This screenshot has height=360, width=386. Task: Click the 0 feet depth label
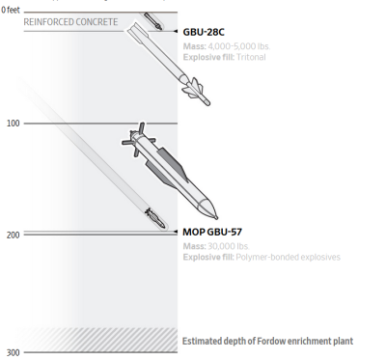[x=11, y=10]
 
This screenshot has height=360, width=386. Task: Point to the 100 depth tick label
[x=13, y=124]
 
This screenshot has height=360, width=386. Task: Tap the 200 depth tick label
[x=13, y=235]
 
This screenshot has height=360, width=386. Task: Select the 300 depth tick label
[x=13, y=353]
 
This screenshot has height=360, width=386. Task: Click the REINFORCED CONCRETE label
[x=70, y=22]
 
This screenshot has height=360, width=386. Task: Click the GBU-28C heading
[x=204, y=32]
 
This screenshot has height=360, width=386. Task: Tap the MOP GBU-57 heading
[x=212, y=232]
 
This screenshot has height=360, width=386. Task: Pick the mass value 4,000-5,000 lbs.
[x=239, y=46]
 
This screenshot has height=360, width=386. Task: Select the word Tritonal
[x=251, y=57]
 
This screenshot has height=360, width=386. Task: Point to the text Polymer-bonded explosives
[x=288, y=258]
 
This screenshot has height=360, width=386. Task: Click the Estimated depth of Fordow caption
[x=267, y=341]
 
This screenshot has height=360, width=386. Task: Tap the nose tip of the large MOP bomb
[x=216, y=218]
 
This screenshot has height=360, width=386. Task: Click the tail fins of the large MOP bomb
[x=138, y=139]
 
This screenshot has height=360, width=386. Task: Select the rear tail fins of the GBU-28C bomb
[x=136, y=32]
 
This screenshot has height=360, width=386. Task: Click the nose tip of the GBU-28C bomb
[x=208, y=103]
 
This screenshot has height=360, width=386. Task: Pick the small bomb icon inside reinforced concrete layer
[x=152, y=21]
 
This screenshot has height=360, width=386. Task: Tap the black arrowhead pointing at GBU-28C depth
[x=176, y=31]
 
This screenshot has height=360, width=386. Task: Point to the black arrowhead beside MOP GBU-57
[x=176, y=232]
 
